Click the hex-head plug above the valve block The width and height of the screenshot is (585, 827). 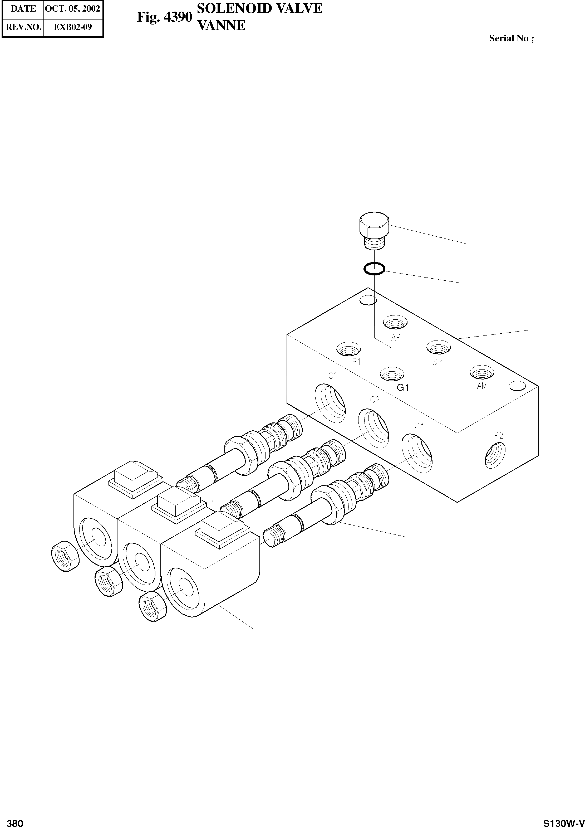[375, 230]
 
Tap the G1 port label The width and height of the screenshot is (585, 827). [403, 388]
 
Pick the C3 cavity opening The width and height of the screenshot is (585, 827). [417, 454]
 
